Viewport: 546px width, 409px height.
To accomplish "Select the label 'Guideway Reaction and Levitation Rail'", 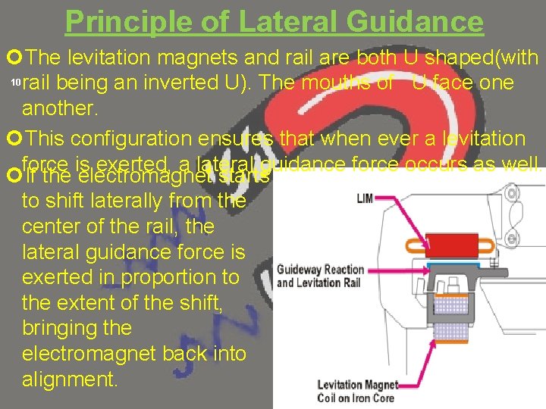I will (x=320, y=276).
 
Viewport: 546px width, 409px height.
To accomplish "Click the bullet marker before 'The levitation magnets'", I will (x=13, y=58).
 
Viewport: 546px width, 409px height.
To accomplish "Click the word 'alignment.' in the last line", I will (x=70, y=379).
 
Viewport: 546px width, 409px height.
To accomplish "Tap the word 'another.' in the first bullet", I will (x=60, y=108).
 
